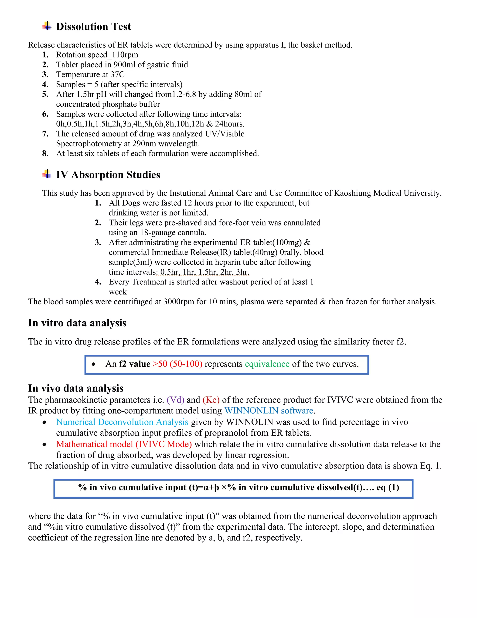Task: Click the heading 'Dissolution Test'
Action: tap(94, 27)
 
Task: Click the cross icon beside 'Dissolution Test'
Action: tap(47, 26)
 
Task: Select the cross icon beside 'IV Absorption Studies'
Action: tap(47, 174)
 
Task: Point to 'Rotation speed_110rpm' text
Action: tap(97, 55)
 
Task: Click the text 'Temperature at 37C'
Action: tap(90, 74)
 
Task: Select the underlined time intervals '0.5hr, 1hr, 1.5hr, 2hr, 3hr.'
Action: tap(204, 272)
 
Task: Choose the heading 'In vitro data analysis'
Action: tap(77, 323)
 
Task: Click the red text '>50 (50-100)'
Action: tap(177, 364)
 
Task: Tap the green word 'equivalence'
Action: tap(267, 364)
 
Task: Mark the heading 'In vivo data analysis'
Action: tap(76, 388)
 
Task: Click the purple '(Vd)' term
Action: tap(175, 400)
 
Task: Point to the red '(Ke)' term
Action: tap(211, 400)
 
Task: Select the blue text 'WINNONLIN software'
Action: tap(269, 411)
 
